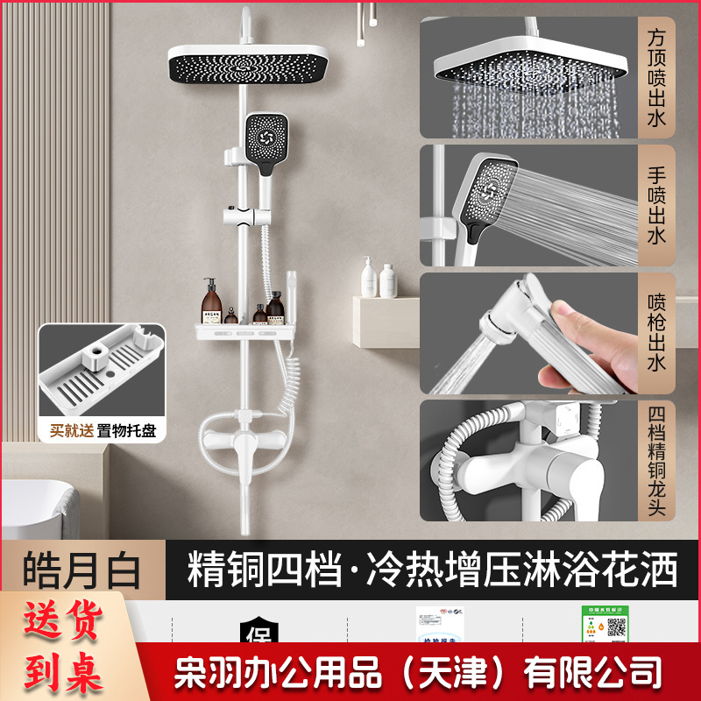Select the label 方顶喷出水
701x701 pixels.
click(x=657, y=77)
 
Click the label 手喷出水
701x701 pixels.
click(x=657, y=206)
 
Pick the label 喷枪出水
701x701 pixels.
click(x=657, y=333)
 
